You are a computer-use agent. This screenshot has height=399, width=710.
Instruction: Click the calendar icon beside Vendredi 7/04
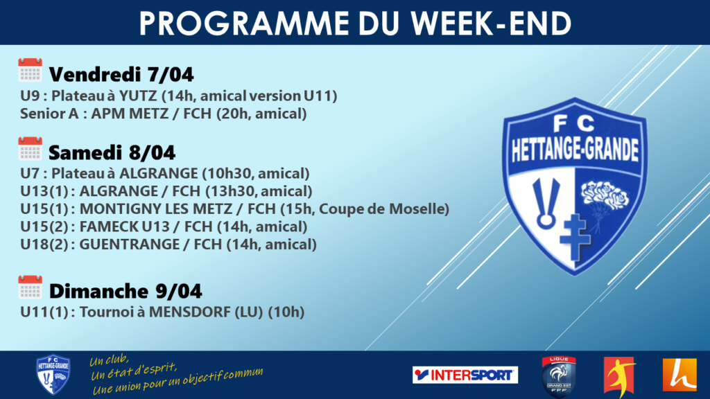[30, 70]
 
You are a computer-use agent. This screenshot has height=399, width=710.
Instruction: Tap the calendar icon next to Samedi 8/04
[30, 148]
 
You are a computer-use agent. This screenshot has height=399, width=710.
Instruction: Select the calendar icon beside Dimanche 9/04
[30, 287]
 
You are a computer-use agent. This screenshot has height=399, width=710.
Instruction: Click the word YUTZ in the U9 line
[138, 96]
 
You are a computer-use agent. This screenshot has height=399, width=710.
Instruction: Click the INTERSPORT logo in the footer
[465, 375]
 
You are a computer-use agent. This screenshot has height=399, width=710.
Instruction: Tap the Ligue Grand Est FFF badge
[559, 376]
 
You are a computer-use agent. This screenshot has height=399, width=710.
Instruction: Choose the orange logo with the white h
[679, 375]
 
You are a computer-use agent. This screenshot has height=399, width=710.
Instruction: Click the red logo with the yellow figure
[620, 376]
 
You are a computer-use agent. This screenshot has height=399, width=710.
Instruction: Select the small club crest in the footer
[53, 375]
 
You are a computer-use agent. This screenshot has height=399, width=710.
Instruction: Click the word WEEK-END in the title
[492, 24]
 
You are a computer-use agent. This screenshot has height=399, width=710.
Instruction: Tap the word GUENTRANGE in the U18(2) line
[130, 245]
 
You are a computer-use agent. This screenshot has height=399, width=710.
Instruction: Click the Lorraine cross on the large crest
[575, 237]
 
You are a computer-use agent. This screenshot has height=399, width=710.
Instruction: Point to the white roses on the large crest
[605, 195]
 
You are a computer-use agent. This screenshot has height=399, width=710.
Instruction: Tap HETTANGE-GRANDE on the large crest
[575, 150]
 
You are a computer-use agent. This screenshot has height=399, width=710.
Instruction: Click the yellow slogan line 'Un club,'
[109, 360]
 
